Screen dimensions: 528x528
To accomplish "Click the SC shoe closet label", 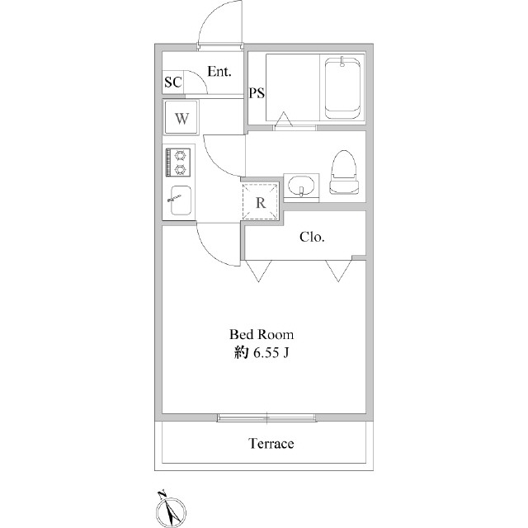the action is click(x=172, y=82).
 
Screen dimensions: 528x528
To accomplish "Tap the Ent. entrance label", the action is click(x=219, y=72).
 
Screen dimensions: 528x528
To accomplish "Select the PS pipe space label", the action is click(x=257, y=92).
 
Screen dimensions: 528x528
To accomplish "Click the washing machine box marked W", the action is click(x=182, y=117).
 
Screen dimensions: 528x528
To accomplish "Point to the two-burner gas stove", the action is click(x=178, y=162).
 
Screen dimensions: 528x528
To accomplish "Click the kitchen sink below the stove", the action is click(x=181, y=200).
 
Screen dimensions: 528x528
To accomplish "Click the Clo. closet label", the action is click(x=312, y=238).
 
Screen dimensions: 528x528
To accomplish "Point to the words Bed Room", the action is click(x=261, y=335).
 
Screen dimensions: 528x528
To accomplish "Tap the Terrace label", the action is click(x=271, y=444).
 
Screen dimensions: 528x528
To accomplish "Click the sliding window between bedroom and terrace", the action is click(x=267, y=417).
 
